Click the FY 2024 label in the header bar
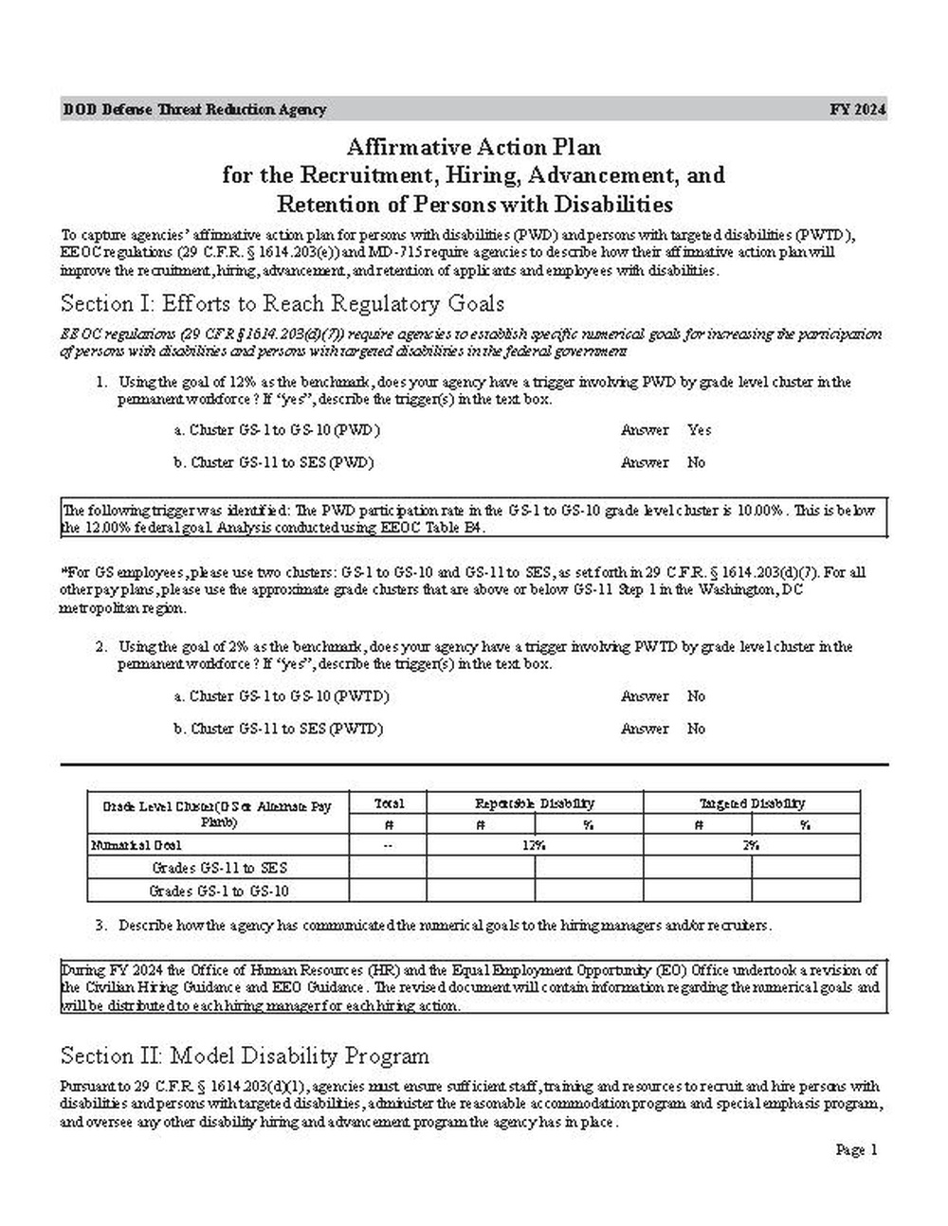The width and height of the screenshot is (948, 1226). click(x=858, y=109)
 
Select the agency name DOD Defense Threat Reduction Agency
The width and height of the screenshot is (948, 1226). click(x=194, y=109)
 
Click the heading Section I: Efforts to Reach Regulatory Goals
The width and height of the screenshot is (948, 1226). click(x=282, y=304)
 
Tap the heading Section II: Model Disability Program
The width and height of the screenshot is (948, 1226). click(x=245, y=1056)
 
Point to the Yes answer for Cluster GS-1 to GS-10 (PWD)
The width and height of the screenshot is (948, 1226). click(x=700, y=430)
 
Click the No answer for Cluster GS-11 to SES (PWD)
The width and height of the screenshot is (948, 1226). click(x=697, y=463)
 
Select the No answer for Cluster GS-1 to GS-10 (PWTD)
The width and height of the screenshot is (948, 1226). click(x=697, y=696)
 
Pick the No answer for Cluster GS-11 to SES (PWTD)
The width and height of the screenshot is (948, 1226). click(x=697, y=730)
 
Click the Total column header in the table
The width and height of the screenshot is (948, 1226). click(x=389, y=803)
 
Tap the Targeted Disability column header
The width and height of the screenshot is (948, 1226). click(x=752, y=803)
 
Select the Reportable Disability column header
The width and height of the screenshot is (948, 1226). click(x=535, y=803)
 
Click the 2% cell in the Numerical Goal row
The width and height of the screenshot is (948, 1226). click(x=751, y=845)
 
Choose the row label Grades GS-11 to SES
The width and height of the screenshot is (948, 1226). click(x=219, y=868)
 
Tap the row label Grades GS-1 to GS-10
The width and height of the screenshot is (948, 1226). click(x=219, y=891)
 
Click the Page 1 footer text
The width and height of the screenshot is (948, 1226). click(x=857, y=1150)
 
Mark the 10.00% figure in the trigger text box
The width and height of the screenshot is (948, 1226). click(x=761, y=511)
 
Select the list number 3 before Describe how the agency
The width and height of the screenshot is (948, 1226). click(x=100, y=925)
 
